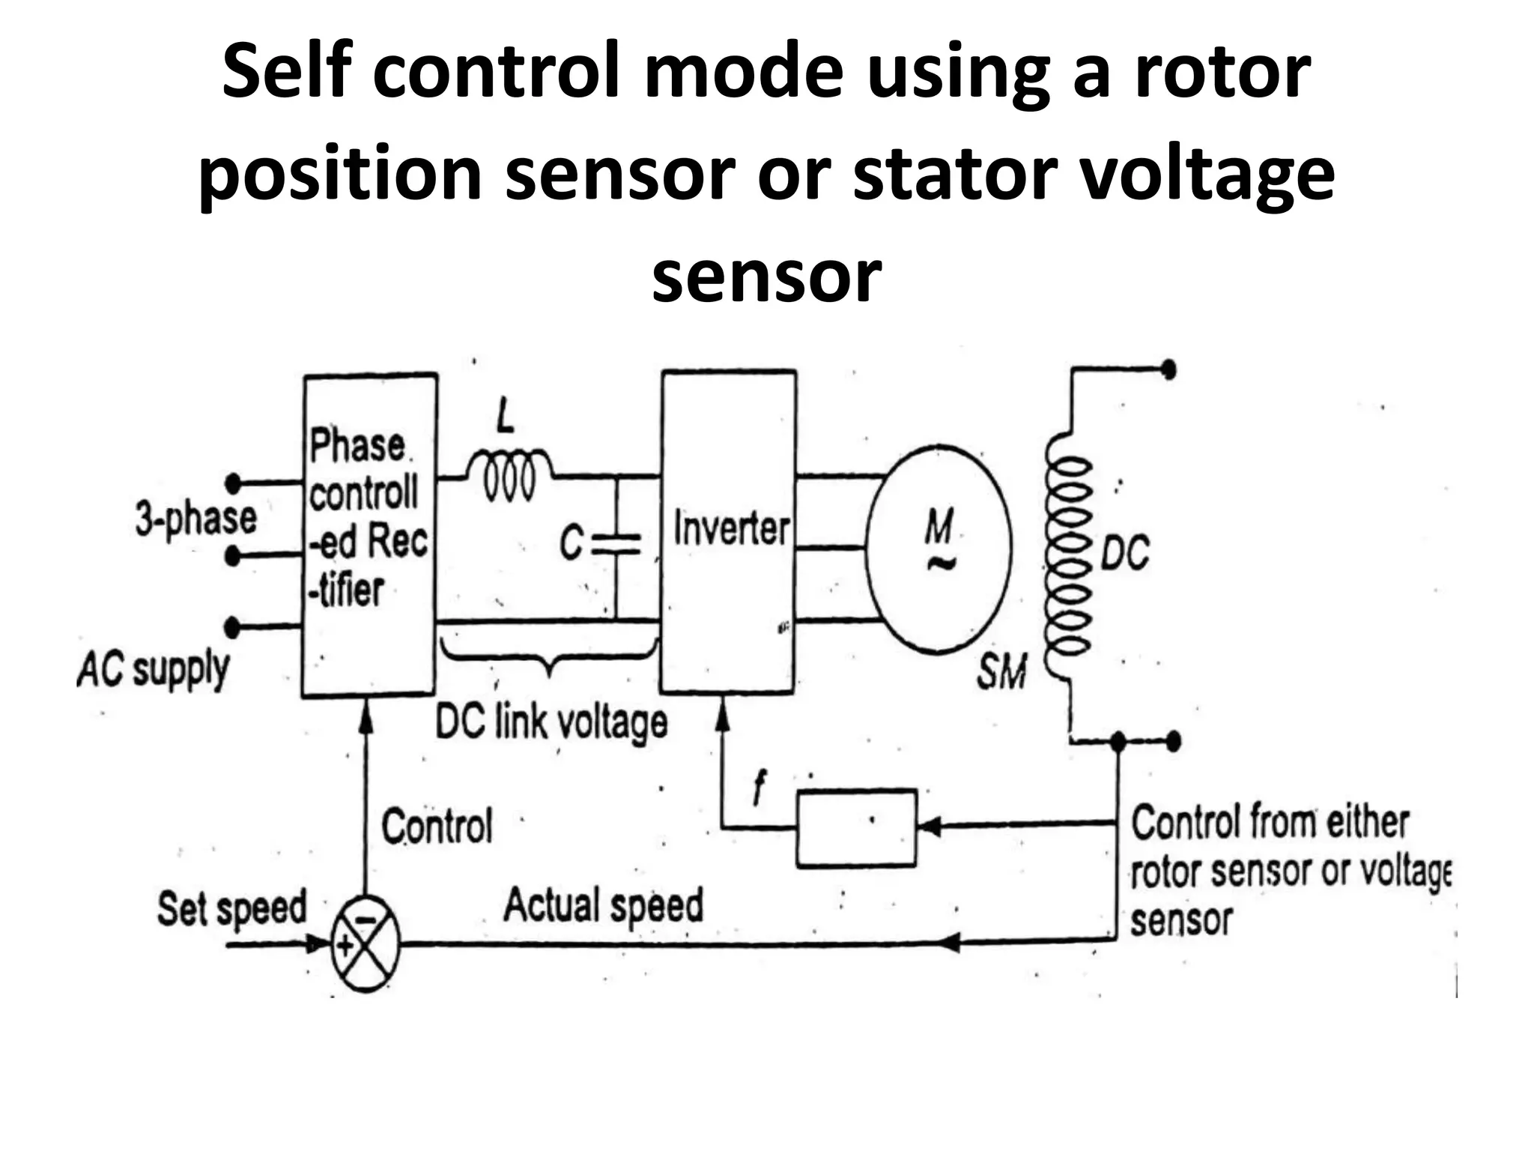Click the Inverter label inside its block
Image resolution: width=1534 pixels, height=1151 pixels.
pyautogui.click(x=731, y=529)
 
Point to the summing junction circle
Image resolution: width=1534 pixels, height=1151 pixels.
pyautogui.click(x=365, y=945)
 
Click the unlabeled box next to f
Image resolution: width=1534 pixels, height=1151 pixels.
pyautogui.click(x=855, y=827)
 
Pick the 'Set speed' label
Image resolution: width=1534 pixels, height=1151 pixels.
pyautogui.click(x=231, y=908)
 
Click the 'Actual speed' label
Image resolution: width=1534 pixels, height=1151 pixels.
pyautogui.click(x=603, y=905)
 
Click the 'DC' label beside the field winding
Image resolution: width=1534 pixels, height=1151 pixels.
pyautogui.click(x=1124, y=555)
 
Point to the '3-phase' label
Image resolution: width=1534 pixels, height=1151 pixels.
pyautogui.click(x=195, y=519)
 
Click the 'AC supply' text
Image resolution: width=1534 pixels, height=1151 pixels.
pyautogui.click(x=153, y=669)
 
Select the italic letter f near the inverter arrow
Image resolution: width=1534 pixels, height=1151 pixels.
pyautogui.click(x=760, y=788)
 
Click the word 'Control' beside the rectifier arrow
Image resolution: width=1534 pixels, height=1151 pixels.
pyautogui.click(x=437, y=827)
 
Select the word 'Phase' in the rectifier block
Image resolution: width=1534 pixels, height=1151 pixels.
pyautogui.click(x=357, y=446)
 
